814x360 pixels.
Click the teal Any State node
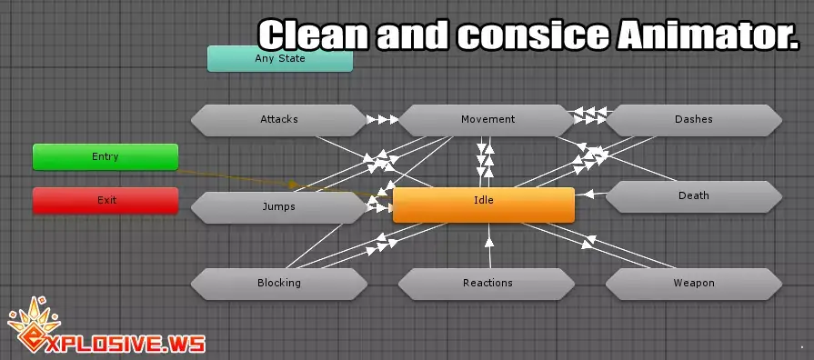(x=280, y=58)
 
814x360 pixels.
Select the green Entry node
(x=106, y=156)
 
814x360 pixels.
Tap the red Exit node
(x=106, y=200)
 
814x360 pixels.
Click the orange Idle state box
(x=483, y=205)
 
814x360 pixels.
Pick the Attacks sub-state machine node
(x=279, y=120)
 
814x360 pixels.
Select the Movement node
(x=487, y=120)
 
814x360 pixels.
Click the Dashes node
(x=694, y=120)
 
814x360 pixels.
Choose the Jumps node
(x=279, y=207)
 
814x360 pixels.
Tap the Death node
(x=694, y=196)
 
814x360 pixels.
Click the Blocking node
(x=279, y=284)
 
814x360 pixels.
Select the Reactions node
(x=487, y=284)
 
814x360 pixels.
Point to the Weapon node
(x=694, y=284)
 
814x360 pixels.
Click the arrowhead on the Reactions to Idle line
(x=489, y=241)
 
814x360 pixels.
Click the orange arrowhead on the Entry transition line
(x=294, y=185)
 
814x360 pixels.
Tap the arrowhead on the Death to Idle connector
(x=588, y=195)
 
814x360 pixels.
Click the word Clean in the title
(x=313, y=35)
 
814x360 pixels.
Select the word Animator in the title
(x=708, y=35)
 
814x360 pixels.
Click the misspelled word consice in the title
(x=533, y=35)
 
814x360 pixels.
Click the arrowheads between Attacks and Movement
(x=383, y=120)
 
